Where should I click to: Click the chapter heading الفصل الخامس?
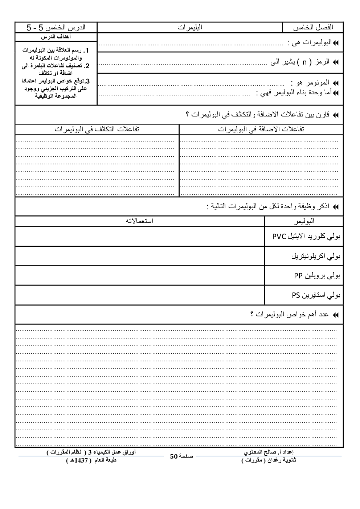tap(312, 28)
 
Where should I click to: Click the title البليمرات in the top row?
tap(190, 28)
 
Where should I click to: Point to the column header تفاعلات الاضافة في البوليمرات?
tap(261, 130)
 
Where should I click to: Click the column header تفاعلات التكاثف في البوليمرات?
tap(97, 130)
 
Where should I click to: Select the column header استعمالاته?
tap(139, 221)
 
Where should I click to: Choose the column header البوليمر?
tap(303, 221)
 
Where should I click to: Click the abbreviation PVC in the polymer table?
tap(280, 237)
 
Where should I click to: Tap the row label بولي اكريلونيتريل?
tap(316, 256)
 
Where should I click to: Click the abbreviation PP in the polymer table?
tap(298, 276)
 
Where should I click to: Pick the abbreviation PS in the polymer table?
tap(296, 295)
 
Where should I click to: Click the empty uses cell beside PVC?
tap(139, 237)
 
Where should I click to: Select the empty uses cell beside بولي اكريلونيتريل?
tap(139, 256)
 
